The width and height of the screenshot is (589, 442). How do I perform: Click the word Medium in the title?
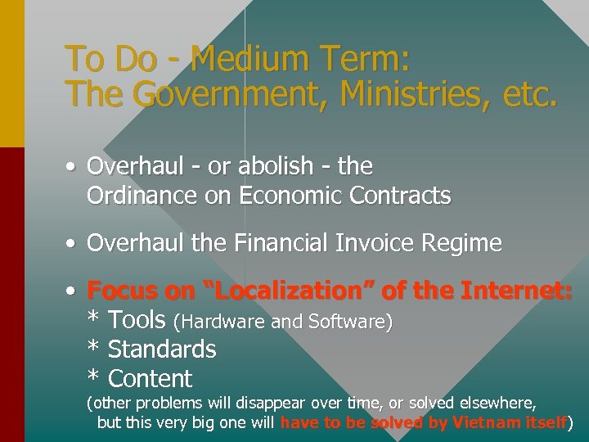click(241, 59)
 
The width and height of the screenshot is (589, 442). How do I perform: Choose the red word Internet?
click(517, 291)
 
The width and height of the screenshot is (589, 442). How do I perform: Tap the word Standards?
click(162, 350)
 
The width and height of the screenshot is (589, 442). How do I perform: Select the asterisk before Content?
click(93, 377)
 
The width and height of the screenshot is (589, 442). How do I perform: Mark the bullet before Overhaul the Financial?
click(73, 244)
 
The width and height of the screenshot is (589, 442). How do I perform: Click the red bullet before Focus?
click(73, 291)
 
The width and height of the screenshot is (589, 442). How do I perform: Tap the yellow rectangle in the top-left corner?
click(11, 74)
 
